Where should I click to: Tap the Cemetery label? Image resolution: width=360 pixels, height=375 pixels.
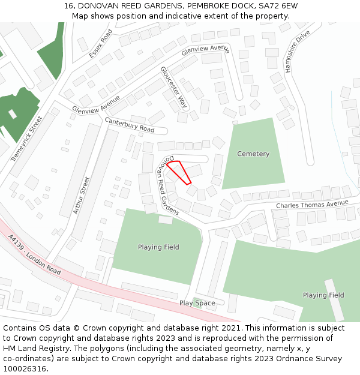253,154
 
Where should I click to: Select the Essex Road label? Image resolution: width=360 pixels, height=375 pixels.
101,43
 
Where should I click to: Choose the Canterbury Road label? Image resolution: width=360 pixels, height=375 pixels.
130,125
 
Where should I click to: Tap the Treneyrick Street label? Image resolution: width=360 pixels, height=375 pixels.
27,139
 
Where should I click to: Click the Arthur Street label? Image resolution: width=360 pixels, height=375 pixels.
80,195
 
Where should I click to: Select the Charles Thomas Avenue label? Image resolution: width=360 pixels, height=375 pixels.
312,205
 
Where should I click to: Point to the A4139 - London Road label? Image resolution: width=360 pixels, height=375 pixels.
35,255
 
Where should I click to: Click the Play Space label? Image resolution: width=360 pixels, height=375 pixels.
197,303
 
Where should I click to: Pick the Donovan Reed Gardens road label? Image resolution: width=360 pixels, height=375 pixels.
167,185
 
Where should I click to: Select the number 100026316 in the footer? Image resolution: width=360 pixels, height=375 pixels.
25,369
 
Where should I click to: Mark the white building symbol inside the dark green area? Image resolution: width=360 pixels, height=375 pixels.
12,113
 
